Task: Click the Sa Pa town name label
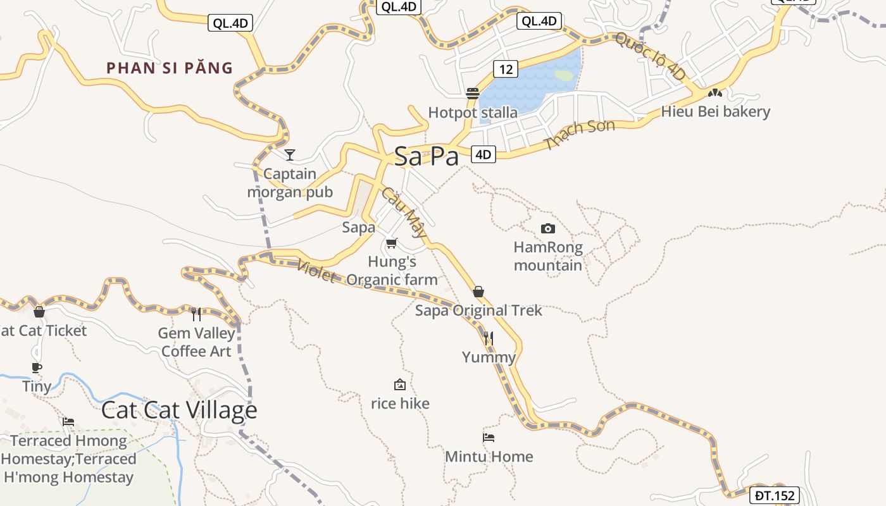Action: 426,156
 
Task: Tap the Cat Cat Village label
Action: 179,410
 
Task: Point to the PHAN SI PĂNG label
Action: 170,68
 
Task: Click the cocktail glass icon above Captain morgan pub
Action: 290,154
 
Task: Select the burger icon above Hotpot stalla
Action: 472,94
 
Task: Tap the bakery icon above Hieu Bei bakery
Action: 715,92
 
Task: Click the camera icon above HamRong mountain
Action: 548,228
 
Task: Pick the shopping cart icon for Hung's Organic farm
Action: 391,243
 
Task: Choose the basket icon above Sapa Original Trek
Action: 478,292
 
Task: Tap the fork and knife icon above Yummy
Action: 488,338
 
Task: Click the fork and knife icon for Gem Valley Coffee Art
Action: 196,314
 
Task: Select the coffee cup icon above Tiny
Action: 37,367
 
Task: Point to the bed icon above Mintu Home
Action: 489,437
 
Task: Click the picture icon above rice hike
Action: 400,385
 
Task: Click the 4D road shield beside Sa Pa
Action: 484,154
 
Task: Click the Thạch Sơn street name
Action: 580,135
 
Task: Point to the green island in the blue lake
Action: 564,75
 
